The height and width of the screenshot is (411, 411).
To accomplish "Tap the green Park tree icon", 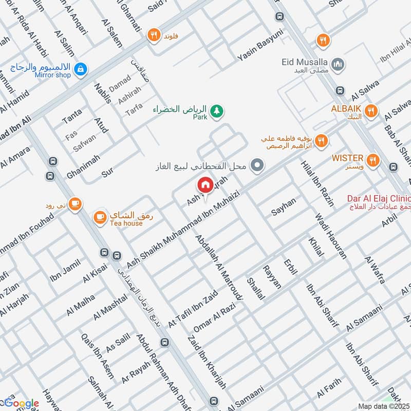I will (217, 110).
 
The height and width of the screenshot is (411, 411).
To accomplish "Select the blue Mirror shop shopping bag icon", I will (80, 68).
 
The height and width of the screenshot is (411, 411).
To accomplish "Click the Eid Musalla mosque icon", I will (338, 64).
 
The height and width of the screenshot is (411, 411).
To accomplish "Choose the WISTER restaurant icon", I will (373, 159).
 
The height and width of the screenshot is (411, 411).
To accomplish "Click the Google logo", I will (21, 403).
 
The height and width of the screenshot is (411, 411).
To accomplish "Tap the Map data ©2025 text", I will (383, 406).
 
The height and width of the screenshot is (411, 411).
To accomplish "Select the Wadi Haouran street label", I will (331, 235).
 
